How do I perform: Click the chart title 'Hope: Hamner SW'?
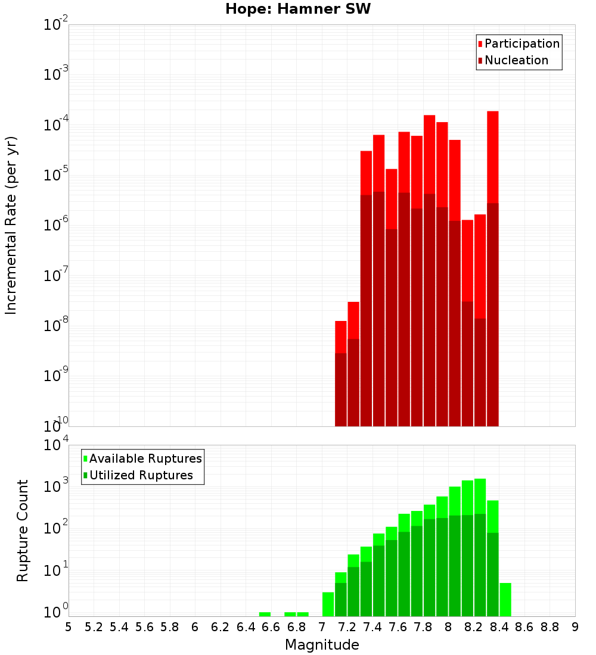pos(298,10)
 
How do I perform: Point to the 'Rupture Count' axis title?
pos(23,530)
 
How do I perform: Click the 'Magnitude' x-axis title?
pos(322,645)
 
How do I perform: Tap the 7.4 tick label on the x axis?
pos(372,627)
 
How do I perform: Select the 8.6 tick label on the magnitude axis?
pos(524,627)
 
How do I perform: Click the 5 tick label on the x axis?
pos(69,627)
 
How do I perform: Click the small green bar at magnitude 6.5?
pos(265,614)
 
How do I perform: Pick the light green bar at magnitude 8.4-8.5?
pos(505,600)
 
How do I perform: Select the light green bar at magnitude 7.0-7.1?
pos(328,604)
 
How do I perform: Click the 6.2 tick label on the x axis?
pos(221,627)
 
